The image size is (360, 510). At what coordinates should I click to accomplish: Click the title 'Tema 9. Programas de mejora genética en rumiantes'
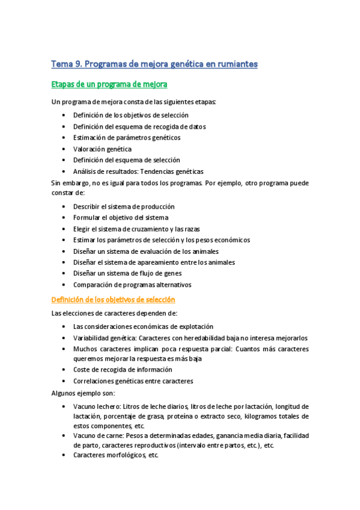pos(154,64)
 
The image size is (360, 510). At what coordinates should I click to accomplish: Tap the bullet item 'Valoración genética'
pos(102,149)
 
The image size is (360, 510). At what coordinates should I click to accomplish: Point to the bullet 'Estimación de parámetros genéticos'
pos(127,137)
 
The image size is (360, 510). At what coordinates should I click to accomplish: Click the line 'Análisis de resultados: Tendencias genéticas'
pos(138,171)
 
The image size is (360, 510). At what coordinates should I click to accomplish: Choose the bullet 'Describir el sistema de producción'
pos(124,206)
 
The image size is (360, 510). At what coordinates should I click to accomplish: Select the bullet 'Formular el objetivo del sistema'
pos(120,217)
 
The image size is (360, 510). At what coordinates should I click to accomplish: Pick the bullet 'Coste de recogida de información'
pos(123,369)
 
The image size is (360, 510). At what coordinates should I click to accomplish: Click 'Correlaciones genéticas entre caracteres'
pos(133,381)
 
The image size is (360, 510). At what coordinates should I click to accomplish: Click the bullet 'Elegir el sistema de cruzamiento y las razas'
pos(136,229)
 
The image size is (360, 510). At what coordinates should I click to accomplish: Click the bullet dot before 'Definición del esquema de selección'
pos(64,160)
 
